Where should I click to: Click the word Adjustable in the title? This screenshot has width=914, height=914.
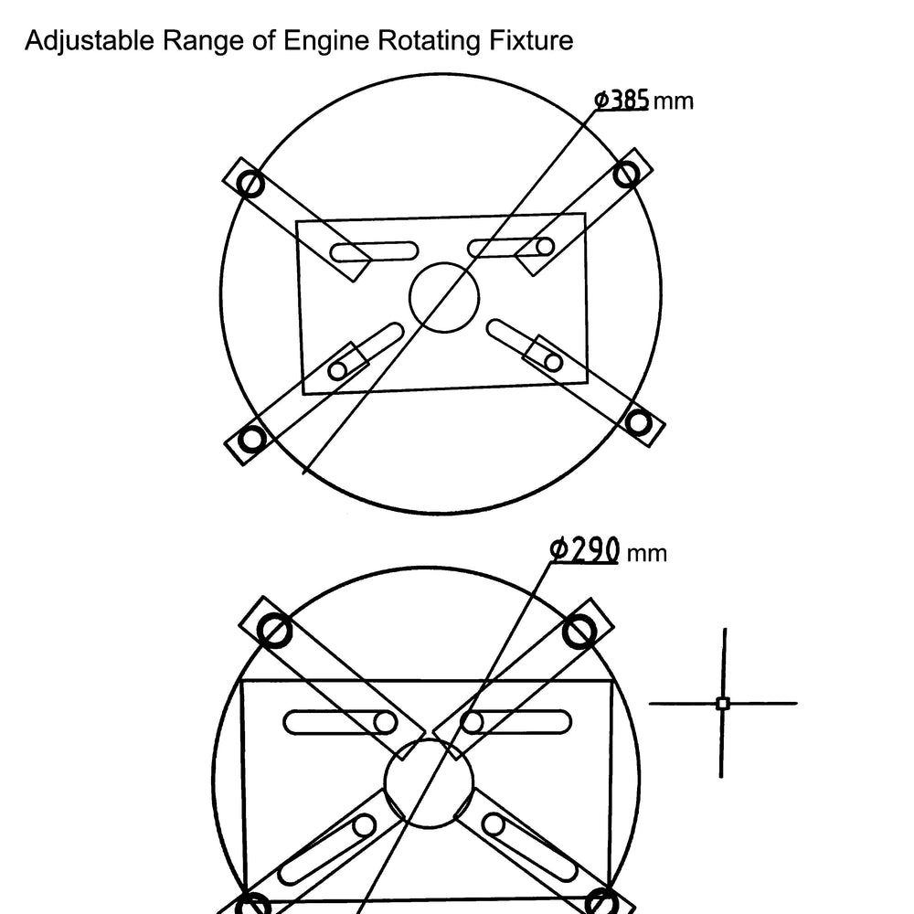90,41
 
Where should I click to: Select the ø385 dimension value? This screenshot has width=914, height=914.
622,100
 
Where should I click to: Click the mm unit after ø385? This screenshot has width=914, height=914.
674,102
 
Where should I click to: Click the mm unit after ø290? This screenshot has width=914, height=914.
646,554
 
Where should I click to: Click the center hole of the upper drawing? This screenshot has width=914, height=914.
444,297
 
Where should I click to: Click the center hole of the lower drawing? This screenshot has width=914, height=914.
429,783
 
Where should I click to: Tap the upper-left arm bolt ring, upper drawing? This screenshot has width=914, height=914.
250,185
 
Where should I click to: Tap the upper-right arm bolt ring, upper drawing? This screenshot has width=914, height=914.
627,174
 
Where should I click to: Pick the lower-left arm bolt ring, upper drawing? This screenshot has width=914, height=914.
252,438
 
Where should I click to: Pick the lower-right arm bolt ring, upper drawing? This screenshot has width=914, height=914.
638,422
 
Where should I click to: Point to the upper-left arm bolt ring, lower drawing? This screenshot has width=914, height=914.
274,631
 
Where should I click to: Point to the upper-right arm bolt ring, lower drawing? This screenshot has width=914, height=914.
579,632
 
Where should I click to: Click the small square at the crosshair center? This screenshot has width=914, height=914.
723,703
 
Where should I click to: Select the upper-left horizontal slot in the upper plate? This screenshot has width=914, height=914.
374,252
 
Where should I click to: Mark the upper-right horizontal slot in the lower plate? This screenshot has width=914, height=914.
515,723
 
